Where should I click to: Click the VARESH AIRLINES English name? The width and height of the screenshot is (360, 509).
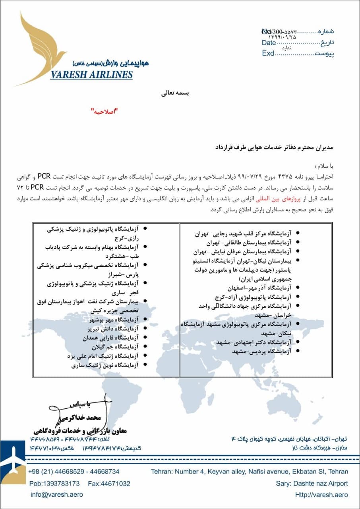(x=91, y=75)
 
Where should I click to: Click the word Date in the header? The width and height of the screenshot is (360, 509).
(x=269, y=43)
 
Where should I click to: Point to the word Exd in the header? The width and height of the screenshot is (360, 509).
(x=268, y=53)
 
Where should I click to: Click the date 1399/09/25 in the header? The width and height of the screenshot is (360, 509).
(x=285, y=37)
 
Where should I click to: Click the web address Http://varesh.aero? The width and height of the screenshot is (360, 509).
(x=321, y=495)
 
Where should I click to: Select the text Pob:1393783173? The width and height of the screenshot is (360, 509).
(x=54, y=484)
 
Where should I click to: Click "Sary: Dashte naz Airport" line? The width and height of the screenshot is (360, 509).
(x=312, y=484)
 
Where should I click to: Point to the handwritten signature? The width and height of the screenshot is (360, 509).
(x=79, y=410)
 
